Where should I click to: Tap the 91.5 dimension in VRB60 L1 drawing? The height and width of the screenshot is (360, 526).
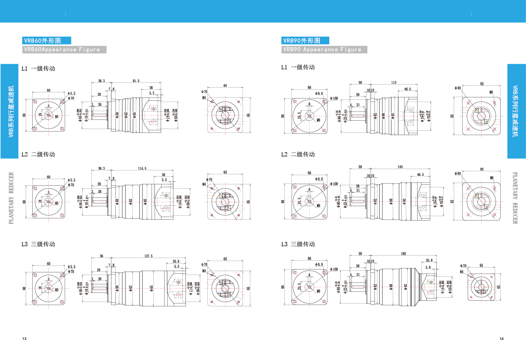point(136,81)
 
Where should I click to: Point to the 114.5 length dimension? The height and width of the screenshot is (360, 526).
point(142,168)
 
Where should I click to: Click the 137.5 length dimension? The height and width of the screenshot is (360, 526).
point(148,256)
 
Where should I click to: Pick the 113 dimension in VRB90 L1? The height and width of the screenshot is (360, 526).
point(393,82)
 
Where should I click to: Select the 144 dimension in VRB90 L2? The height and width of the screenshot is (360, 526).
point(400,167)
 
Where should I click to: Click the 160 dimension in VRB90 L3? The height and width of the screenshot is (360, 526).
point(403,254)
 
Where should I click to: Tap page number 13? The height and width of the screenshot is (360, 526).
point(24,339)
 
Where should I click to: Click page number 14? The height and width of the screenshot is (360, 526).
point(502,339)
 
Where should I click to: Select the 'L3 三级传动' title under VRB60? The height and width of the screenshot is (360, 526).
point(38,244)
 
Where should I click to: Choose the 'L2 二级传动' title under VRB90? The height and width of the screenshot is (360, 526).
point(298,154)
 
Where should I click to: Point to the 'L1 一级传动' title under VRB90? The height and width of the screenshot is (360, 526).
point(298,67)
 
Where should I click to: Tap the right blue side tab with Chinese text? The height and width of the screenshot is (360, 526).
point(516,111)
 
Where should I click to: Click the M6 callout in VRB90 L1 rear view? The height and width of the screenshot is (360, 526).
point(491,92)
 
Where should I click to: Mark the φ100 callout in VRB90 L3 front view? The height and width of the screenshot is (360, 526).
point(334,270)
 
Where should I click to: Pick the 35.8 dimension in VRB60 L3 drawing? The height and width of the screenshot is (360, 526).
point(176,262)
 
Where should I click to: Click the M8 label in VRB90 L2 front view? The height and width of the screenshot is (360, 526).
point(318,205)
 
